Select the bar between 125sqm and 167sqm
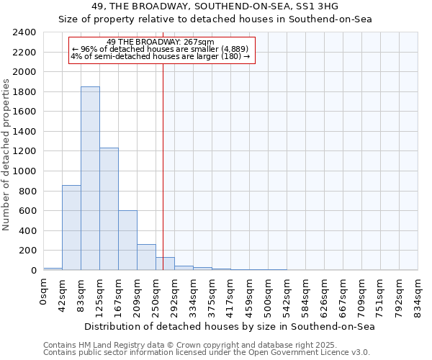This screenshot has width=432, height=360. tap(109, 209)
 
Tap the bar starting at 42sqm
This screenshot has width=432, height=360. tap(71, 228)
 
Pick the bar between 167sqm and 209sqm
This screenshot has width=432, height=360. tap(127, 240)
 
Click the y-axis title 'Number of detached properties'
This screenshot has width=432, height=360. tap(7, 151)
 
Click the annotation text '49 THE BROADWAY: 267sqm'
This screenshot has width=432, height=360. tap(160, 42)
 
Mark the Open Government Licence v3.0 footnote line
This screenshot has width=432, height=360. tap(207, 353)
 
